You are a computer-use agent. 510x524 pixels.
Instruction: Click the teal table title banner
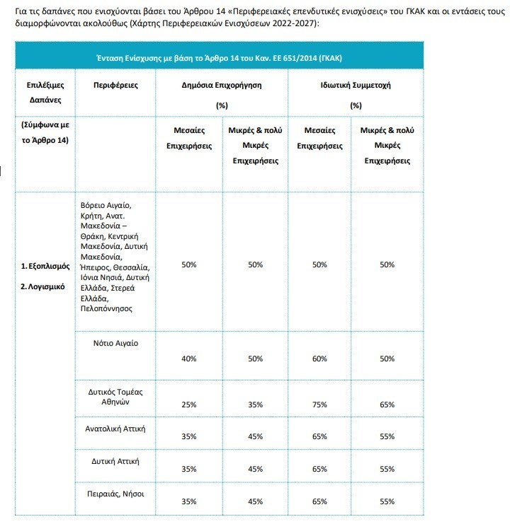[x=219, y=57]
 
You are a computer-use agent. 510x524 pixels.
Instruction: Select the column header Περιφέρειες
[x=115, y=85]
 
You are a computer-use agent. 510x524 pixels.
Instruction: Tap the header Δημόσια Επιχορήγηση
[x=222, y=85]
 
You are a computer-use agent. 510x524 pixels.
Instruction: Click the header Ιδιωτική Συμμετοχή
[x=356, y=85]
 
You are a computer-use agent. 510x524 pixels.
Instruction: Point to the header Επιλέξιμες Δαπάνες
[x=45, y=92]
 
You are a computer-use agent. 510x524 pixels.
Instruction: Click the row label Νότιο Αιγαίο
[x=115, y=343]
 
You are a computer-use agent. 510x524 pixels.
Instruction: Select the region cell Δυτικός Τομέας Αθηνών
[x=115, y=395]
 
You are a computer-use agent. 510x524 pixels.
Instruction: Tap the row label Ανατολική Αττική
[x=115, y=429]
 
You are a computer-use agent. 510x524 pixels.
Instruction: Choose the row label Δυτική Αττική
[x=115, y=461]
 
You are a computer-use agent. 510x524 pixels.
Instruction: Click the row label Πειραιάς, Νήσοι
[x=115, y=493]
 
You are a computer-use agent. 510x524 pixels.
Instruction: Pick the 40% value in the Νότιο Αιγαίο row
[x=189, y=359]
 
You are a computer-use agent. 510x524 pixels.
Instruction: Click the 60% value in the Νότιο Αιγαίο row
[x=319, y=359]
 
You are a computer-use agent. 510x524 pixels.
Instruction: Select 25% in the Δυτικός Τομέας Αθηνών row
[x=189, y=404]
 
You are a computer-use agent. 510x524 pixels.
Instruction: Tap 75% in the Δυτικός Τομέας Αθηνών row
[x=319, y=404]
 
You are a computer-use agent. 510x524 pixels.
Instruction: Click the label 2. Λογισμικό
[x=43, y=287]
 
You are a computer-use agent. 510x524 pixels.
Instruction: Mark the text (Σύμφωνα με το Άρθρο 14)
[x=45, y=132]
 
